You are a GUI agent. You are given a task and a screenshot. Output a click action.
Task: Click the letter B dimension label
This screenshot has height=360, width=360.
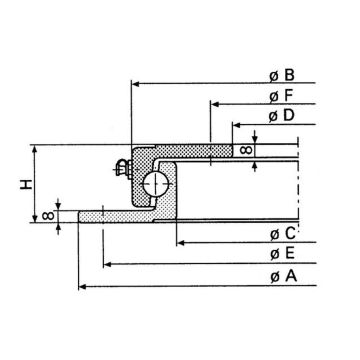tap(289, 74)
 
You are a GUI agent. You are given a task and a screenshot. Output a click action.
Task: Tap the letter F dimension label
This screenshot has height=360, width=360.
tap(289, 96)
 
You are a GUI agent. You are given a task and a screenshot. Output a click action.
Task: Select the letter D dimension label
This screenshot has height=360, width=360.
tap(289, 117)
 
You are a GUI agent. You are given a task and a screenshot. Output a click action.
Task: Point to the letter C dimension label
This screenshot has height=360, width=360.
tap(289, 234)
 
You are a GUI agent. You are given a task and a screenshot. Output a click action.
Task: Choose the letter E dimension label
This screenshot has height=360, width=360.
tap(289, 255)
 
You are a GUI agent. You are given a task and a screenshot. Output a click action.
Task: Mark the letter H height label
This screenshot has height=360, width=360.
tap(22, 183)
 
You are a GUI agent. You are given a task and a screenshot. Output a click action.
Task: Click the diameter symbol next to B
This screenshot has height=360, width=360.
tap(273, 75)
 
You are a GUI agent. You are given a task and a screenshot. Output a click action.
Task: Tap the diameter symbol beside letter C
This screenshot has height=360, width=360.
tap(273, 235)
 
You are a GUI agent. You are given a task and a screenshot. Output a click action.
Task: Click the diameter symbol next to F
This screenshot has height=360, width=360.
tap(273, 97)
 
